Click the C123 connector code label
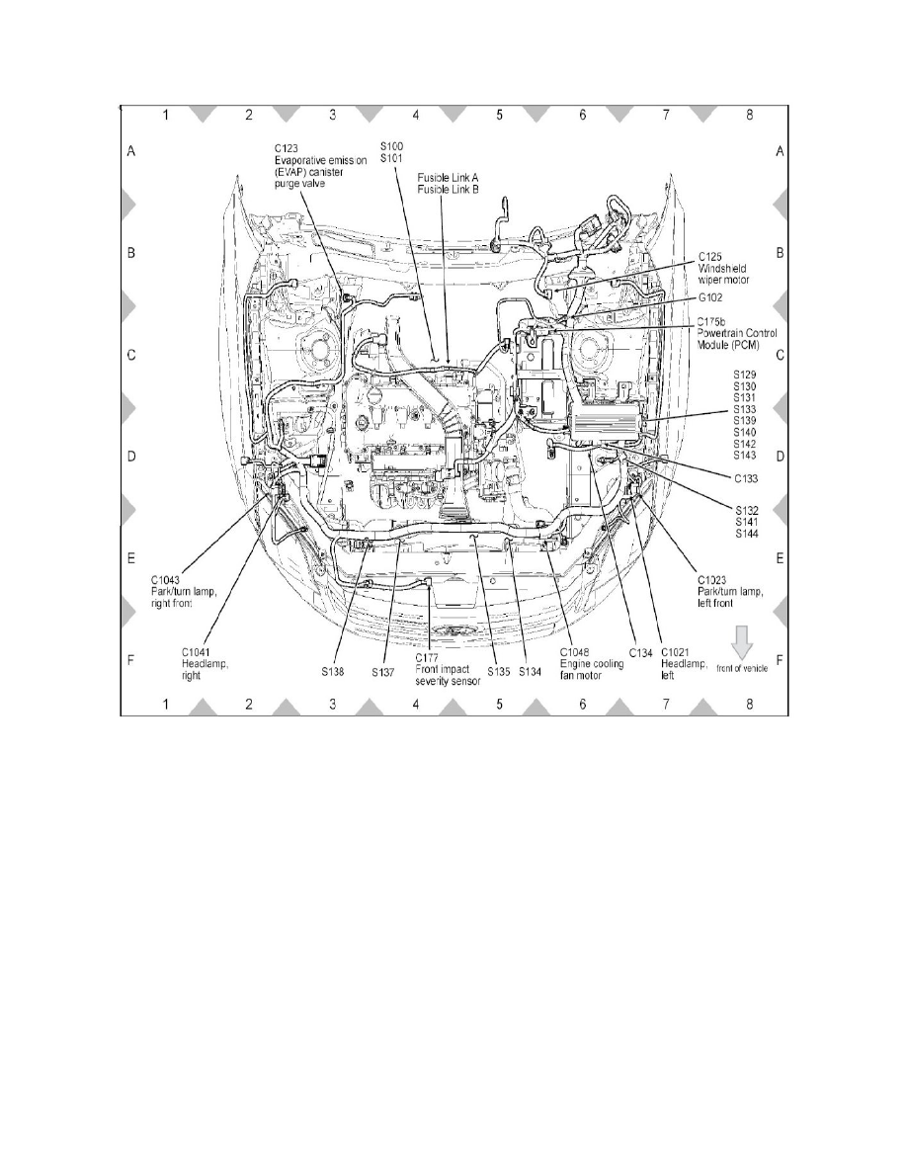click(x=286, y=148)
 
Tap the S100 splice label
click(x=391, y=146)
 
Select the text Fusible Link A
click(x=448, y=178)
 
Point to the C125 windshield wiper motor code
click(x=710, y=257)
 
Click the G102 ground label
click(x=710, y=297)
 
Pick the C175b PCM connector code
click(x=711, y=322)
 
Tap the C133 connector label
click(x=746, y=478)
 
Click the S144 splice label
click(x=746, y=534)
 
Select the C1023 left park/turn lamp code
click(x=711, y=579)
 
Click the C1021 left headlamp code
click(x=675, y=653)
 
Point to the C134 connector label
click(x=640, y=653)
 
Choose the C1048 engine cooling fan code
click(x=575, y=653)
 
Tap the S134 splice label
click(x=530, y=672)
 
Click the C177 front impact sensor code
click(x=427, y=658)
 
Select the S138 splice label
click(x=333, y=672)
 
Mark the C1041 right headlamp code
click(x=196, y=652)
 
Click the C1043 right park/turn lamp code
click(x=165, y=579)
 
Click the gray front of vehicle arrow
click(x=742, y=643)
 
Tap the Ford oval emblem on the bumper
click(x=453, y=631)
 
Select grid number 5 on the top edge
click(x=499, y=115)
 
